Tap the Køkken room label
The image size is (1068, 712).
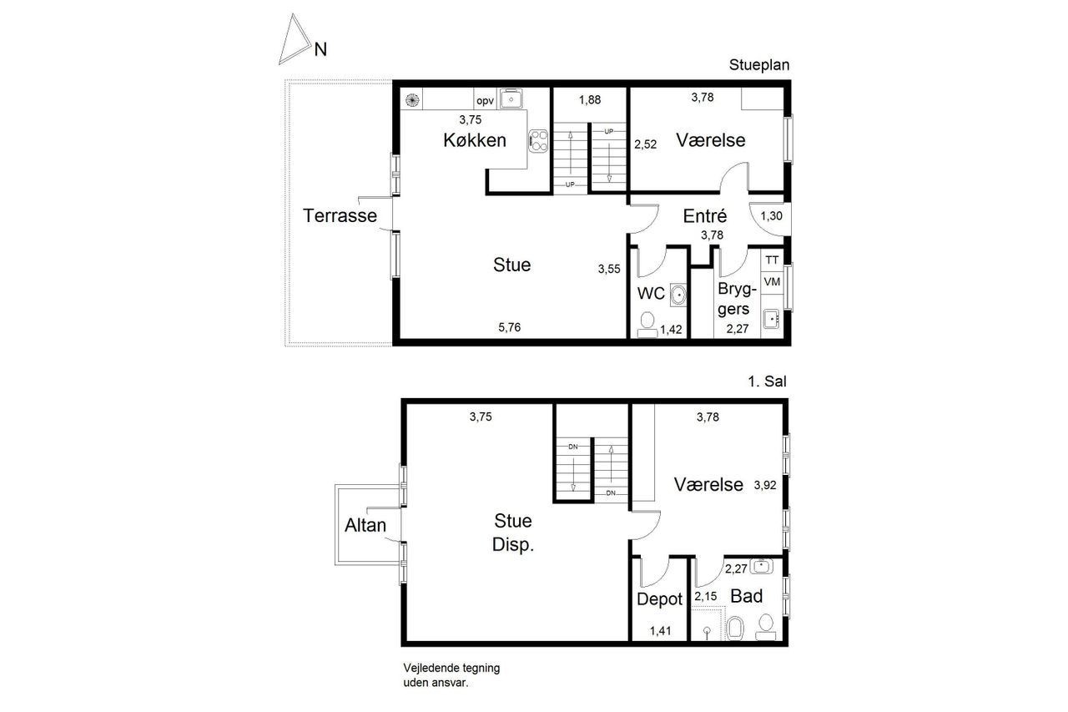(x=475, y=140)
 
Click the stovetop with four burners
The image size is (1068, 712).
(x=538, y=141)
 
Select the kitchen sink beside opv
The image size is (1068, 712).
(x=511, y=99)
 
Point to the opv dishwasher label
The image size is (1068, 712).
(x=485, y=101)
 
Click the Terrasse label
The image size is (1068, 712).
(x=340, y=215)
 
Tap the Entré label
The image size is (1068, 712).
(x=705, y=216)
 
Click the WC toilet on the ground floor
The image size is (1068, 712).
(x=647, y=326)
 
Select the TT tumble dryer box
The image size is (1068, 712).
(x=772, y=260)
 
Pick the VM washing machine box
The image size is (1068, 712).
(x=772, y=282)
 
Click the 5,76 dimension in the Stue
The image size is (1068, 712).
(x=509, y=327)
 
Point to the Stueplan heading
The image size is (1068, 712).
(x=759, y=65)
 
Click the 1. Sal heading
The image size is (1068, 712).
(x=767, y=381)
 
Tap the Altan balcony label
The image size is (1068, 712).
(x=365, y=525)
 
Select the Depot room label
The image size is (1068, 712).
(x=659, y=599)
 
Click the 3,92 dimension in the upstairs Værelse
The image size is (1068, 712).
(x=765, y=486)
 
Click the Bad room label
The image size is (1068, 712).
(x=747, y=596)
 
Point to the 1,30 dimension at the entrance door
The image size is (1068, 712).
(x=771, y=216)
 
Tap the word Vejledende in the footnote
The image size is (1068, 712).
(x=431, y=668)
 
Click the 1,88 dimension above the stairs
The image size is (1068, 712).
(x=590, y=99)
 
